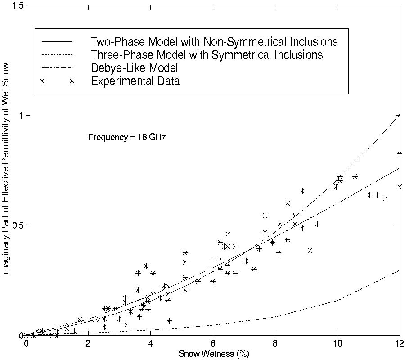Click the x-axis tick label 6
[213, 344]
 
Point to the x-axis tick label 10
[337, 344]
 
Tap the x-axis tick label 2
[88, 344]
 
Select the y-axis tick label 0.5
[17, 225]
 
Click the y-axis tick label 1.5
[17, 5]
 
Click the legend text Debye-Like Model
[135, 68]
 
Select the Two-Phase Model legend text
[214, 42]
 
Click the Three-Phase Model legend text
[207, 55]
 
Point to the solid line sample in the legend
[57, 42]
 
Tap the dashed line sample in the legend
[57, 55]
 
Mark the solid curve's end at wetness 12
[399, 115]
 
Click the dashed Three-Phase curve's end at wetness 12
[399, 271]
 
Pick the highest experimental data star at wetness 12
[399, 154]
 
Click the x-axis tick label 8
[275, 344]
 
